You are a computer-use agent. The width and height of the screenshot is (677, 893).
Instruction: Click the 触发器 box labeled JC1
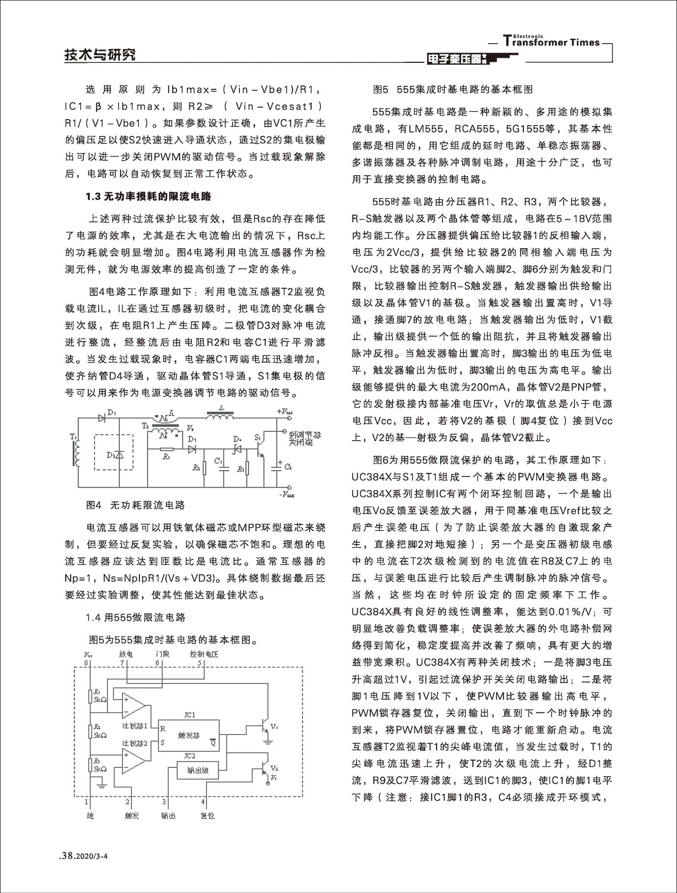click(189, 735)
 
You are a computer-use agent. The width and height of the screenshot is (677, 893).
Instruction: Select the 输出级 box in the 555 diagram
click(197, 770)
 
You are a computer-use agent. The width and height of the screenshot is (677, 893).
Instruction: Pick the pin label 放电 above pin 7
click(126, 654)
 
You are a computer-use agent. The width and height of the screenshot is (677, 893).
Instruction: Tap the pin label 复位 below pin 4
click(207, 816)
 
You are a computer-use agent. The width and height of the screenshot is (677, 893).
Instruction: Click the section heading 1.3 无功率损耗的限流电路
click(148, 197)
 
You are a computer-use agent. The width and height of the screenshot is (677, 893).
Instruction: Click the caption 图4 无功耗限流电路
click(135, 505)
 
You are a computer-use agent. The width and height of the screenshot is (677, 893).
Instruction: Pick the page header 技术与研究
click(100, 55)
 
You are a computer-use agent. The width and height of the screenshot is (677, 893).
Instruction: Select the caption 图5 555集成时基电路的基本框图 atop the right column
click(453, 89)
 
